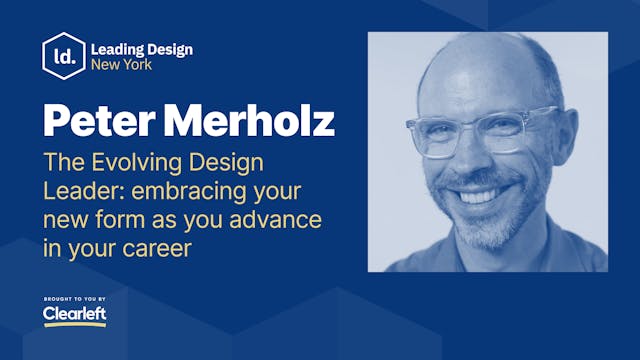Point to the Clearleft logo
click(x=74, y=316)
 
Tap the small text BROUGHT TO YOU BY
click(x=75, y=298)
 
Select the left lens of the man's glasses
click(x=438, y=136)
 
